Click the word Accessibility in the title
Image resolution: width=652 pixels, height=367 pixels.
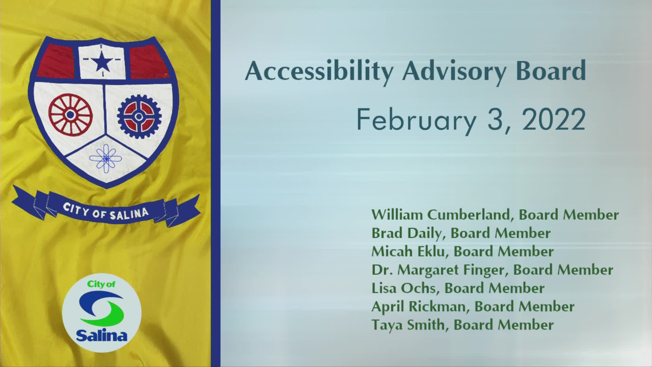[319, 72]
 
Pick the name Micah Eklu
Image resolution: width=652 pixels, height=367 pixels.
[409, 251]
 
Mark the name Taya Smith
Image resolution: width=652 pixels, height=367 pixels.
[408, 325]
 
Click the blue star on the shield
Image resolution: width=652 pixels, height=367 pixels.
[102, 63]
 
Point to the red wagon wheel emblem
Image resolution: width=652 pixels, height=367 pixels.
[70, 115]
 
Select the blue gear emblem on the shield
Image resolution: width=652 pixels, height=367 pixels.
[139, 117]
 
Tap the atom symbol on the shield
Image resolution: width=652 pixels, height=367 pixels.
[106, 158]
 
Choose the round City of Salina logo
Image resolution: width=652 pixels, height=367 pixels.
[102, 313]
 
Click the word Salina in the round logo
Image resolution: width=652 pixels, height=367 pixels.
[102, 336]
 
